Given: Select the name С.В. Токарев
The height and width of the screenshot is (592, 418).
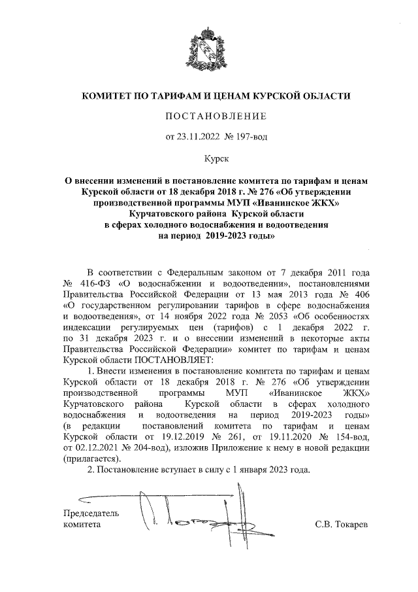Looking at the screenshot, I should point(342,525).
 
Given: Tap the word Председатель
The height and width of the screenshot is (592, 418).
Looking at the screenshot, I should point(91,513).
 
